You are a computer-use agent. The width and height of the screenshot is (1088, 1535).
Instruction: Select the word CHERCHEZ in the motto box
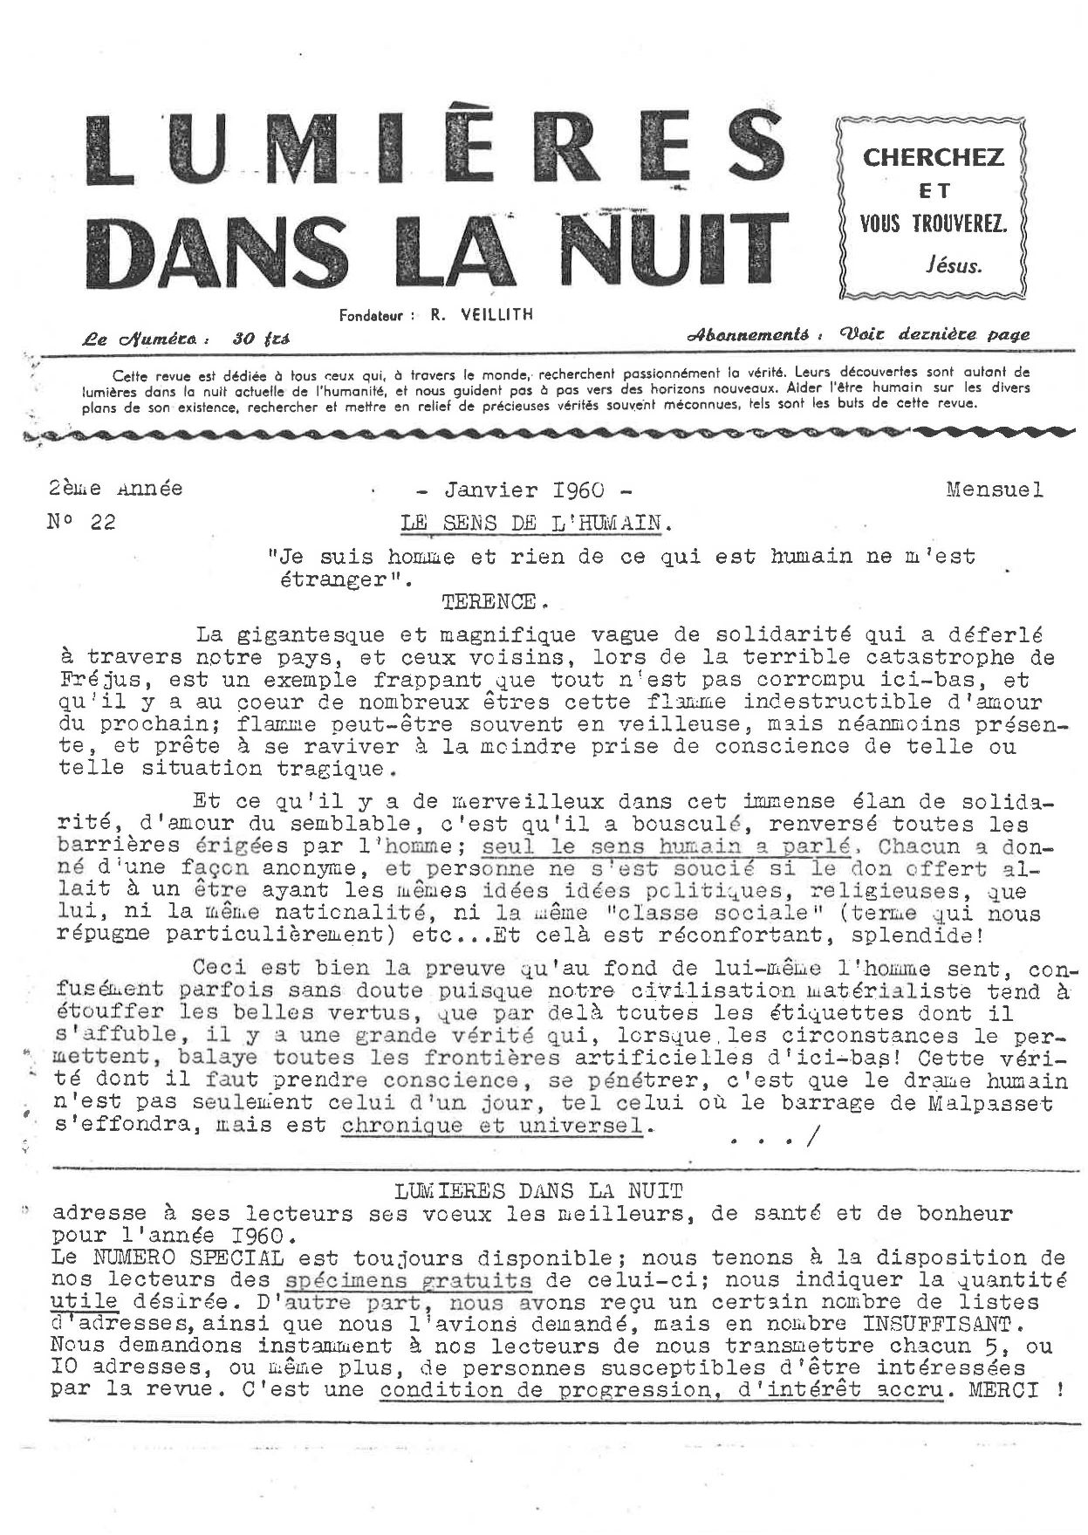(x=934, y=158)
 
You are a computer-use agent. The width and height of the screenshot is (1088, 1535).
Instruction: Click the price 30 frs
(x=261, y=339)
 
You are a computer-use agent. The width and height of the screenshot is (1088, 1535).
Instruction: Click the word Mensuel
(x=994, y=490)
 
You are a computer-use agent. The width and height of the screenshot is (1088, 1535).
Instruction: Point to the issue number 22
(x=101, y=523)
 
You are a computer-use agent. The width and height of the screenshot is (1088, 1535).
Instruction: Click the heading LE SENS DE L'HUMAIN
(x=536, y=524)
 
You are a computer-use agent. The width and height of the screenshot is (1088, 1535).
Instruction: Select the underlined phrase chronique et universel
(x=492, y=1126)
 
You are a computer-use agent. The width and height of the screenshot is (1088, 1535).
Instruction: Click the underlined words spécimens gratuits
(x=407, y=1281)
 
